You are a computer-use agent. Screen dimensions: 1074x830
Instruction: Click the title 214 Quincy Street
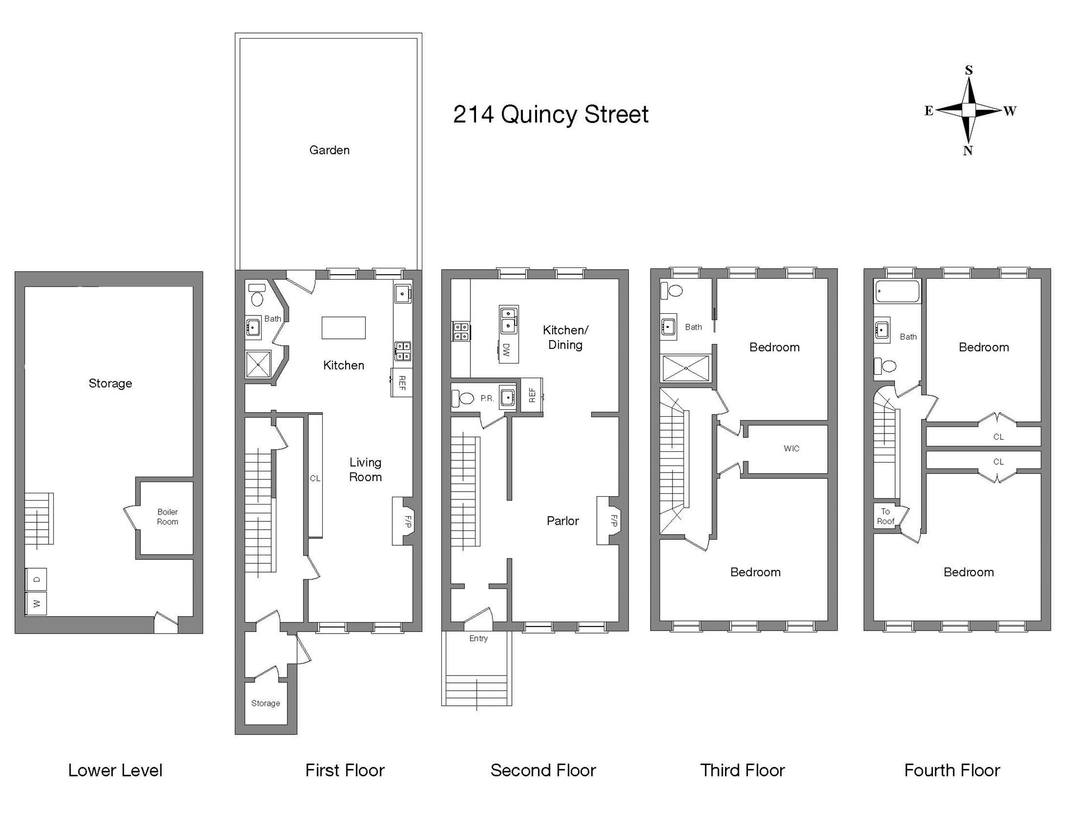coord(550,115)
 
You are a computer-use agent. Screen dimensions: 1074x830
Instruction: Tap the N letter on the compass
coord(968,150)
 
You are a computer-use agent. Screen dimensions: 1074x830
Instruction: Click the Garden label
coord(329,150)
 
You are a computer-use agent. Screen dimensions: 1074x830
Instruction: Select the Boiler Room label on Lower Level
coord(167,517)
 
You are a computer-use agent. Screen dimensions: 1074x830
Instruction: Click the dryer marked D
coord(37,579)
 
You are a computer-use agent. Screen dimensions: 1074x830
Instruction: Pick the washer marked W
coord(37,604)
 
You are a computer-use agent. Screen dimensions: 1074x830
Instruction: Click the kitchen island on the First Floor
coord(343,328)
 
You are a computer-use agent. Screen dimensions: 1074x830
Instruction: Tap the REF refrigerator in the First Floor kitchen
coord(402,383)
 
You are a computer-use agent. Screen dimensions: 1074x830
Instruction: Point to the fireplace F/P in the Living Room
coord(407,521)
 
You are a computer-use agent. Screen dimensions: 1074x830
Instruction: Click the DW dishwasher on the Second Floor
coord(506,350)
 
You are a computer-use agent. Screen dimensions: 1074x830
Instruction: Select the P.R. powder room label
coord(487,399)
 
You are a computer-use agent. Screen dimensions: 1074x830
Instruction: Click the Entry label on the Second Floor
coord(478,638)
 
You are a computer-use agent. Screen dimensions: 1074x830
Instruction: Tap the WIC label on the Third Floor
coord(792,448)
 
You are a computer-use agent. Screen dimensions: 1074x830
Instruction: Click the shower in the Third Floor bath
coord(685,368)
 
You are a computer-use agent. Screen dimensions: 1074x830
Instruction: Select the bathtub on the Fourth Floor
coord(897,291)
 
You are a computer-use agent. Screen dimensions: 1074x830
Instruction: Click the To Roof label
coord(885,516)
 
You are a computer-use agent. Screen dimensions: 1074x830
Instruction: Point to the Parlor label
coord(563,521)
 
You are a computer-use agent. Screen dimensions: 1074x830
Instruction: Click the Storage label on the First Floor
coord(266,703)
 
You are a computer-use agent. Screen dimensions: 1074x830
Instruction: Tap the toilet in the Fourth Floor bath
coord(885,366)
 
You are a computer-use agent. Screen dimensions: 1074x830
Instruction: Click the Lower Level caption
coord(115,770)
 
